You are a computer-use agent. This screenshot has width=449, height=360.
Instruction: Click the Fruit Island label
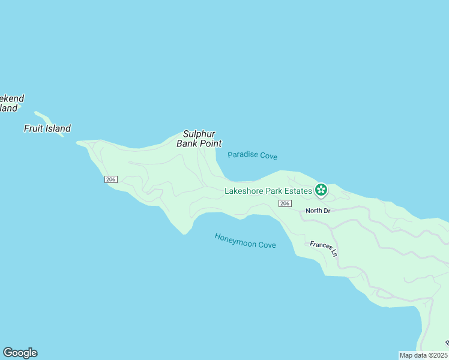47,128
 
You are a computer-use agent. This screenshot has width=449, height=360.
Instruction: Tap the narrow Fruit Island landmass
49,122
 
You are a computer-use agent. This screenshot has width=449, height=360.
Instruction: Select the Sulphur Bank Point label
199,139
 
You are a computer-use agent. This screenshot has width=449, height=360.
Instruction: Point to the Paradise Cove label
253,155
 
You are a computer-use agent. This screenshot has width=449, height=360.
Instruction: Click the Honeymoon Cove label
245,241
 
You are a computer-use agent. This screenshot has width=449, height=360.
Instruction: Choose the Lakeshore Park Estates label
268,191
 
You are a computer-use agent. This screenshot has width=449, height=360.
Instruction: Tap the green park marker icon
321,190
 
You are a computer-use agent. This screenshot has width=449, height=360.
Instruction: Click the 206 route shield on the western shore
110,179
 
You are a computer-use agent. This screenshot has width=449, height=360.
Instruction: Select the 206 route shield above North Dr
285,204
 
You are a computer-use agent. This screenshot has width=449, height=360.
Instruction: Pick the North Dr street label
318,211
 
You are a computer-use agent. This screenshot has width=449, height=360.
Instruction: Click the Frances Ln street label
324,248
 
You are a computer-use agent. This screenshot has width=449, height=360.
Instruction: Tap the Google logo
20,353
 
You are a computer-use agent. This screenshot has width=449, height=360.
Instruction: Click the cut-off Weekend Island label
11,103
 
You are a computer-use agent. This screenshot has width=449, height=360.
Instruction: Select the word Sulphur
199,134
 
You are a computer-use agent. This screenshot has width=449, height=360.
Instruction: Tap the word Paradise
243,154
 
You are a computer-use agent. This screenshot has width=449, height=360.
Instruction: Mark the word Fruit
33,128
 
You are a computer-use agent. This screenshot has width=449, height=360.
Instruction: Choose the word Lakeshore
243,191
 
